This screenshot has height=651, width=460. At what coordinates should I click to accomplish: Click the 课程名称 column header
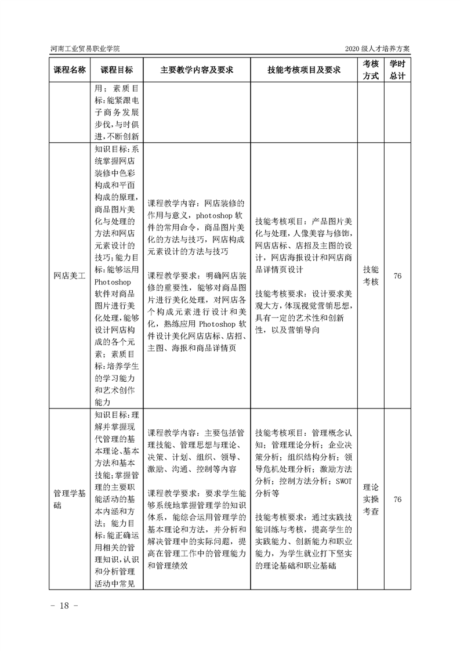[70, 70]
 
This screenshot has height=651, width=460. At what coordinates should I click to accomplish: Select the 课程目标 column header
[116, 70]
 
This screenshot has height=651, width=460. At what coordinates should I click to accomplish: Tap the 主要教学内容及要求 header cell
[197, 70]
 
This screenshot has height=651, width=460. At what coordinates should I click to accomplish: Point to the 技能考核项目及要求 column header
[303, 70]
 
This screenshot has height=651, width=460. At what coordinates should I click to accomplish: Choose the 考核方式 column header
[371, 70]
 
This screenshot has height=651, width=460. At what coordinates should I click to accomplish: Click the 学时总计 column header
[397, 70]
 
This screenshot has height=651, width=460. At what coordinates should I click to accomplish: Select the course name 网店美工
[70, 276]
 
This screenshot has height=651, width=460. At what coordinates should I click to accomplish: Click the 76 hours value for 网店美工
[397, 276]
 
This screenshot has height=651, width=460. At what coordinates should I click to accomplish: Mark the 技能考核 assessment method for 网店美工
[371, 276]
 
